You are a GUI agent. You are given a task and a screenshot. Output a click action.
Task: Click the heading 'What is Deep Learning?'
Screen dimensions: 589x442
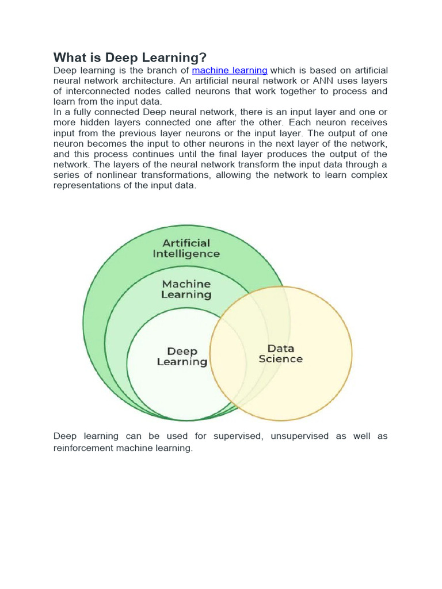point(129,58)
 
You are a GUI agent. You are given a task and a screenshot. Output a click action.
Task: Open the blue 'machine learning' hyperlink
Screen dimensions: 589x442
point(230,70)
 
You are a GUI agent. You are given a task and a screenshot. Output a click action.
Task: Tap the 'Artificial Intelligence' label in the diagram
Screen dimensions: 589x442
point(186,248)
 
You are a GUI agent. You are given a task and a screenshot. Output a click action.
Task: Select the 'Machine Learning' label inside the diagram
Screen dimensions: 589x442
point(186,289)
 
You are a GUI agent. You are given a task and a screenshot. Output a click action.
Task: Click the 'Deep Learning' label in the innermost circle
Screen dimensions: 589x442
point(182,357)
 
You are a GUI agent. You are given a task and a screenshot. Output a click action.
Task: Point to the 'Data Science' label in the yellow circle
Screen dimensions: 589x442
point(280,354)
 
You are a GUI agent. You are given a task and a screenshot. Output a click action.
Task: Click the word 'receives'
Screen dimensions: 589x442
point(367,123)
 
